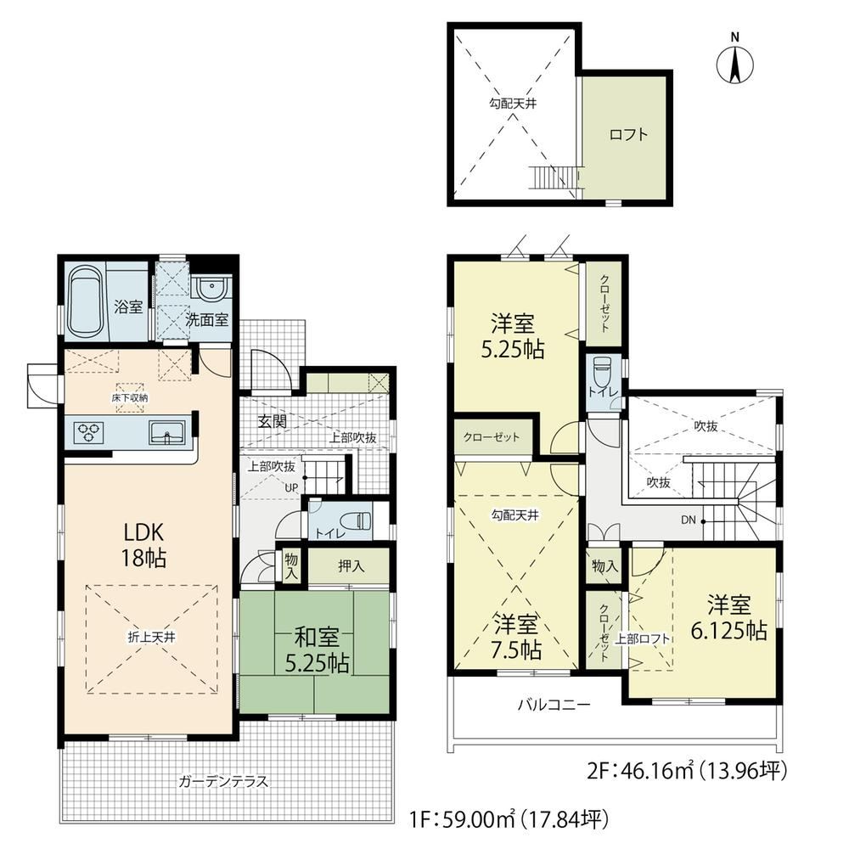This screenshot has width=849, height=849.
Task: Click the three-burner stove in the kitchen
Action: pyautogui.click(x=89, y=432)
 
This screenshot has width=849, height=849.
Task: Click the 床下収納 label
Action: pyautogui.click(x=130, y=397)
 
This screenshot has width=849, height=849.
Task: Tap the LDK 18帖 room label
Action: pyautogui.click(x=143, y=544)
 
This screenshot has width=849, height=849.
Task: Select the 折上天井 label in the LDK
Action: pyautogui.click(x=151, y=638)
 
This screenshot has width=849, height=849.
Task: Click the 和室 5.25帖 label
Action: pyautogui.click(x=317, y=650)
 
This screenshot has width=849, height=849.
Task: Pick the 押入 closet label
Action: pyautogui.click(x=351, y=566)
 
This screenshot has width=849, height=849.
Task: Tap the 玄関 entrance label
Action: pyautogui.click(x=272, y=421)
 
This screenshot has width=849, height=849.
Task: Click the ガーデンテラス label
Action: pyautogui.click(x=223, y=781)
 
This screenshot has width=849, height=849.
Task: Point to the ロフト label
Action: pyautogui.click(x=628, y=134)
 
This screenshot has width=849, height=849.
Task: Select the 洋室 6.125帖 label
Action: pyautogui.click(x=728, y=618)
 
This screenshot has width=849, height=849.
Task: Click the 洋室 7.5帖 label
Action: pyautogui.click(x=517, y=638)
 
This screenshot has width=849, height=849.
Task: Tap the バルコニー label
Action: pyautogui.click(x=554, y=705)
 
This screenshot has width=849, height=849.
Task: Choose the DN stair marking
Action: pyautogui.click(x=689, y=520)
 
